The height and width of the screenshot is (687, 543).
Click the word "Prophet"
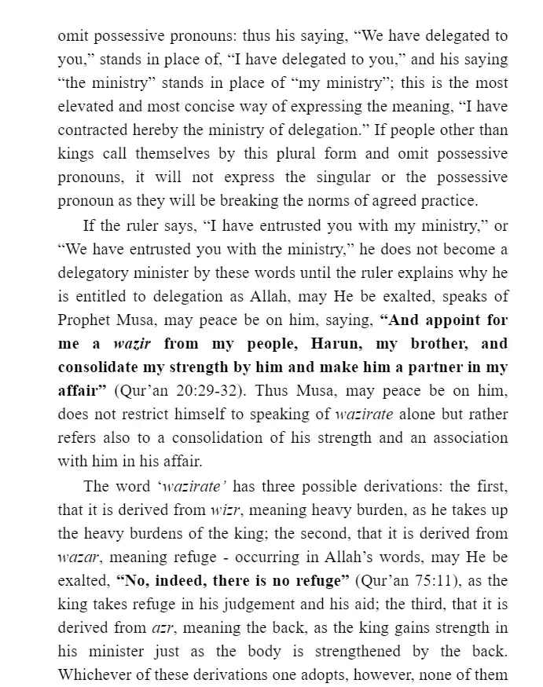(x=84, y=320)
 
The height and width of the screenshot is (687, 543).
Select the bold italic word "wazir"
(x=132, y=344)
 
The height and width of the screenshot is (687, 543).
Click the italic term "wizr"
(x=226, y=510)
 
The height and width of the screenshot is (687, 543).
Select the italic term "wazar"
(x=76, y=557)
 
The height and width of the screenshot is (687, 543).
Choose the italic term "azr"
(x=163, y=628)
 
